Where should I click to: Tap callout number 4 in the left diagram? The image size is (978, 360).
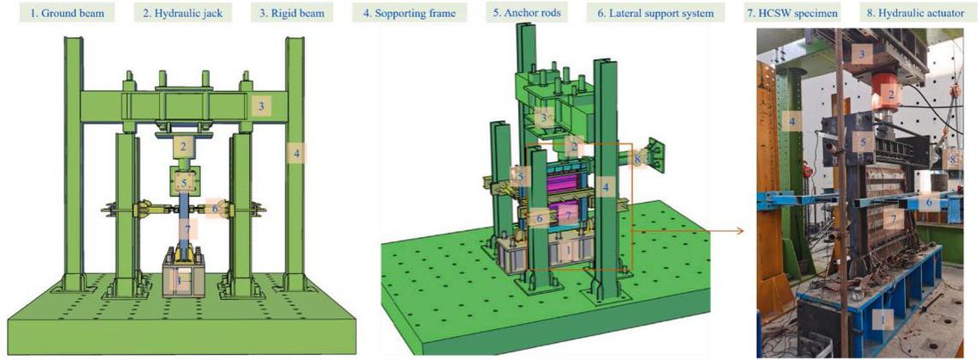[296, 153]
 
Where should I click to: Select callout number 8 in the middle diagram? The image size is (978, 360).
[638, 159]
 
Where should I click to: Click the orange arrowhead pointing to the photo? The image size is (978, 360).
[741, 230]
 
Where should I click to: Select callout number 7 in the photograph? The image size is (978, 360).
[894, 220]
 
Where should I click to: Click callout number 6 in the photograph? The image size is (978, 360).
[929, 203]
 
